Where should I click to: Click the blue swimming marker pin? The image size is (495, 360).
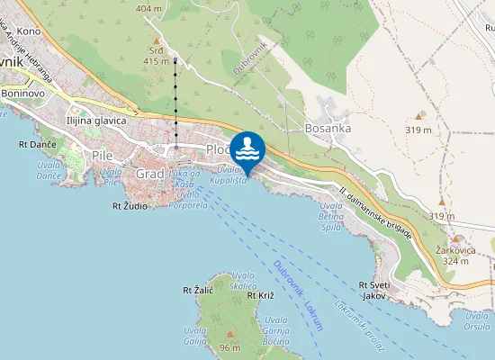(247, 147)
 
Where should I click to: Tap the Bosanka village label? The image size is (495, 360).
(327, 129)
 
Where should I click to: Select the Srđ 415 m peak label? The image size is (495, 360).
(157, 55)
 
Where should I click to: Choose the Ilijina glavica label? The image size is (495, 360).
(96, 119)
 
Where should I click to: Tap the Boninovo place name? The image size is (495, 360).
(23, 93)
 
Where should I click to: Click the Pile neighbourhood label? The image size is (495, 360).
(103, 155)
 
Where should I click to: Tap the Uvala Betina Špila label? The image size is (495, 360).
(331, 216)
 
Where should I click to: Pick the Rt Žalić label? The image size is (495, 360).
(197, 291)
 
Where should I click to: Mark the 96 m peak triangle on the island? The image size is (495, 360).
(229, 335)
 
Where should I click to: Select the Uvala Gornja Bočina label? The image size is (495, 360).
(276, 332)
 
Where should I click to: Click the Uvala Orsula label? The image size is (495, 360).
(477, 320)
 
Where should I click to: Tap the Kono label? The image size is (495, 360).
(28, 31)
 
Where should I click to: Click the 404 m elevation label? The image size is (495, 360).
(148, 8)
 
